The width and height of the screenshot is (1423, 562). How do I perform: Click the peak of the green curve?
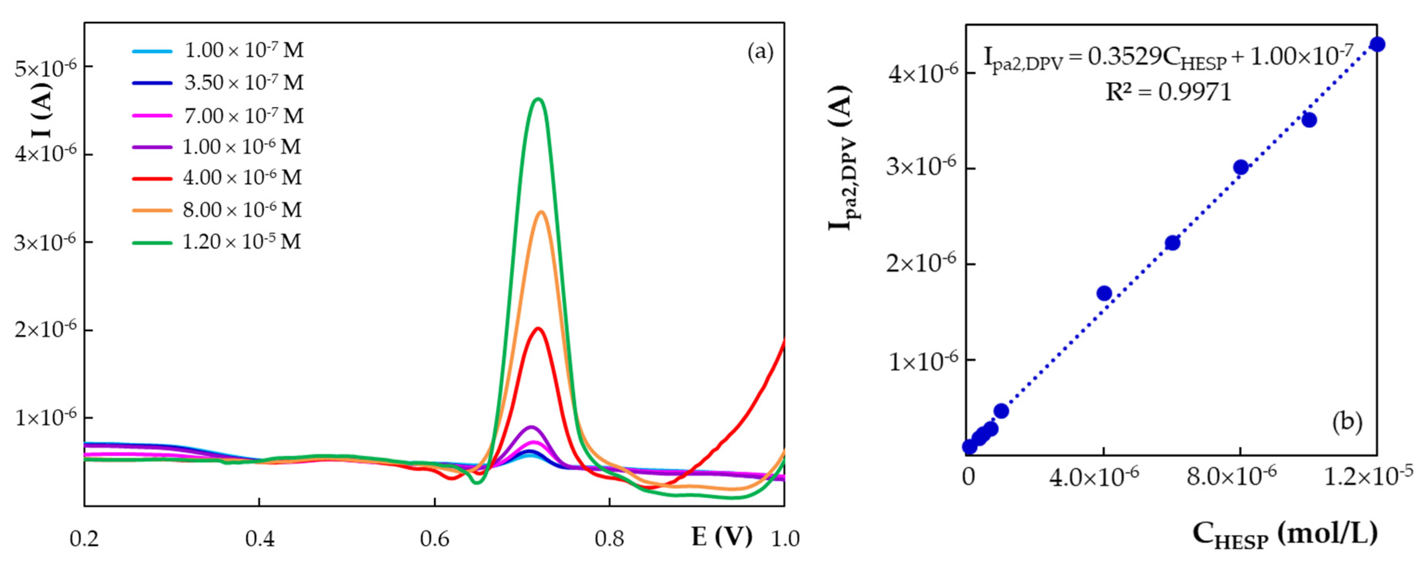point(538,99)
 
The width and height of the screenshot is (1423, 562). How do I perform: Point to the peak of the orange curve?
point(541,212)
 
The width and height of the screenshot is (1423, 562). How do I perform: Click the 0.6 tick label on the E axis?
point(435,539)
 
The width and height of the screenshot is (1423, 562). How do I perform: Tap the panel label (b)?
point(1347,422)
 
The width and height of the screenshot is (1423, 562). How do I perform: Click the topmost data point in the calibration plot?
point(1377,44)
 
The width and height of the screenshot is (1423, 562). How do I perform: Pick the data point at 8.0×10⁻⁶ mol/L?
point(1241,167)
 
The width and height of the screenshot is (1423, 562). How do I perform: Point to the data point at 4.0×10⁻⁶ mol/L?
point(1104,293)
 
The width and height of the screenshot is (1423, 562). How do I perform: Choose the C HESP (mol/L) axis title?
point(1285,534)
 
